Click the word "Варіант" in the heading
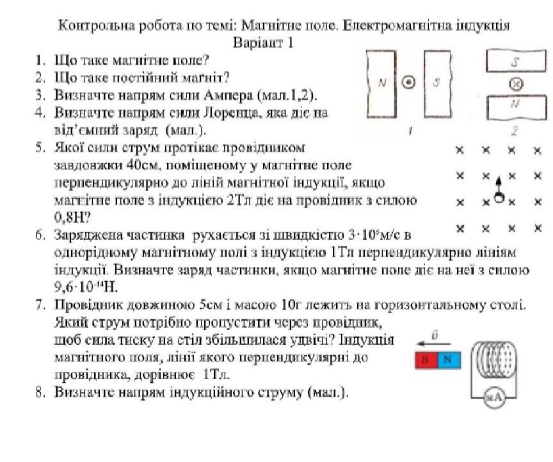256,44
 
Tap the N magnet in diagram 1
382,84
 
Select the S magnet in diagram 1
438,84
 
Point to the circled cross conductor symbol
514,84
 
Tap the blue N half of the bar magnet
448,359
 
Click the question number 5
40,148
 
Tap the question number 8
40,392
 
